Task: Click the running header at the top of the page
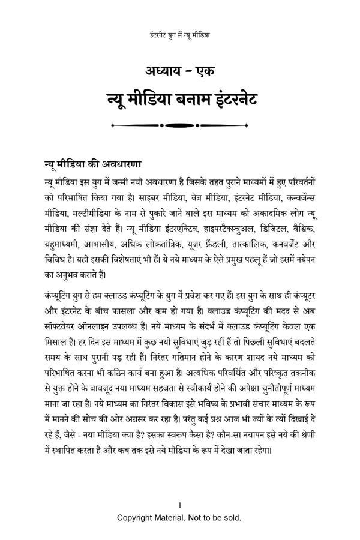click(x=179, y=35)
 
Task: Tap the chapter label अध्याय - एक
click(x=179, y=70)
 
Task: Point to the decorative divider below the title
click(x=179, y=125)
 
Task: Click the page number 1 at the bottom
click(x=179, y=505)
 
